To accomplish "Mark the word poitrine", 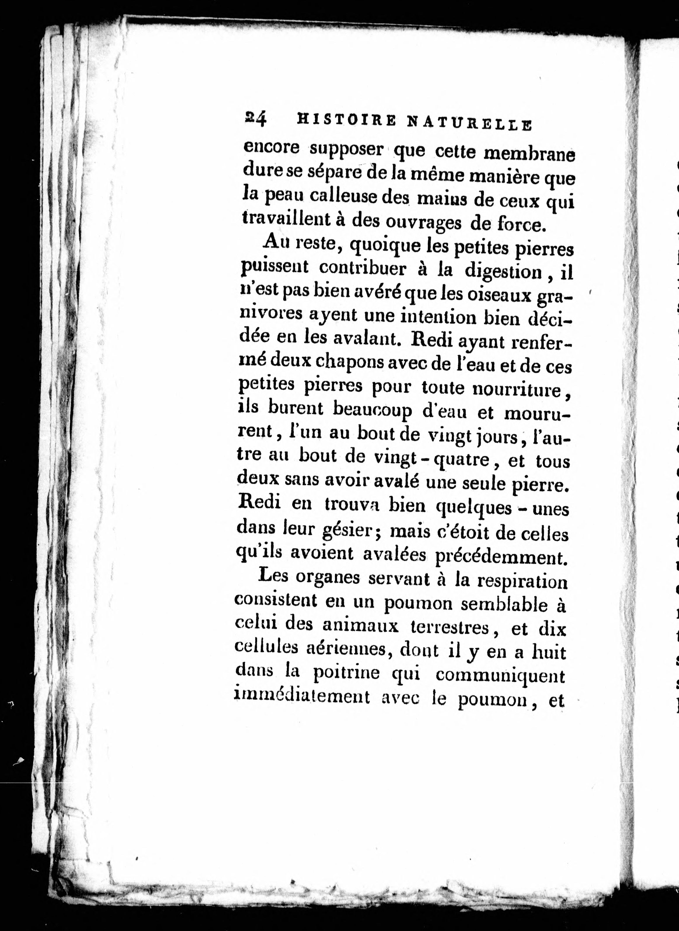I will pos(347,672).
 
